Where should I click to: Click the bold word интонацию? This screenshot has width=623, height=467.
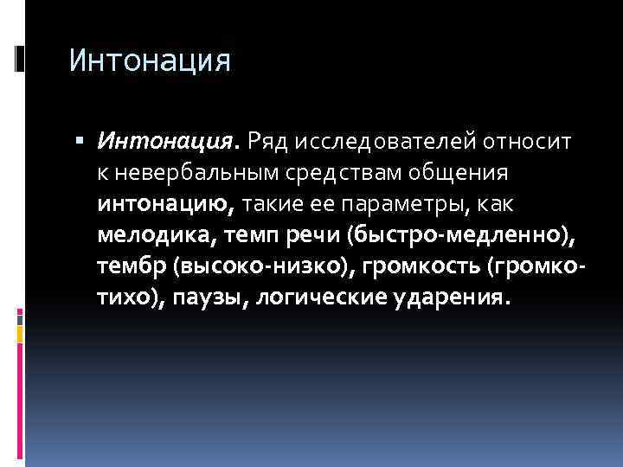(164, 203)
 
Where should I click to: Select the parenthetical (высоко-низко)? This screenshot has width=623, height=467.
(263, 265)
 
